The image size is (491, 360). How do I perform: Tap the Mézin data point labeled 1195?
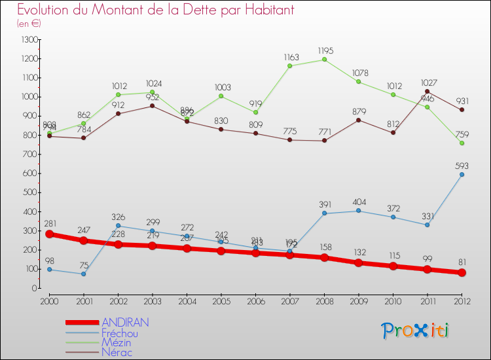325,60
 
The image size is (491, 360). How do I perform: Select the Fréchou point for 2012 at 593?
462,174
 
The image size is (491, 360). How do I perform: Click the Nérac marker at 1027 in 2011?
427,92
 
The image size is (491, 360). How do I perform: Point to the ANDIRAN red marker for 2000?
50,234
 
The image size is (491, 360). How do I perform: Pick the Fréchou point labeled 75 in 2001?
84,274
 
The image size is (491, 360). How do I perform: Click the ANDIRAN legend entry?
125,323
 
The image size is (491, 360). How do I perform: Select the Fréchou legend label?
120,333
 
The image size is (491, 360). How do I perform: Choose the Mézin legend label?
117,343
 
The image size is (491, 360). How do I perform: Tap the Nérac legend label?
117,353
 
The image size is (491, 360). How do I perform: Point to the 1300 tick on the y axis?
29,40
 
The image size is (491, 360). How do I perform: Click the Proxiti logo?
415,331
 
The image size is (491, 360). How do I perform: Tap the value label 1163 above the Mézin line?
290,58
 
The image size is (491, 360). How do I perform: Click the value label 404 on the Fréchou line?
359,203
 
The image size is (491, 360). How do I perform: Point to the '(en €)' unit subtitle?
29,24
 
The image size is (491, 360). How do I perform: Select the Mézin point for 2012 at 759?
462,143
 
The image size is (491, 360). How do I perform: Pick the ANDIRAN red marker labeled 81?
462,272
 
